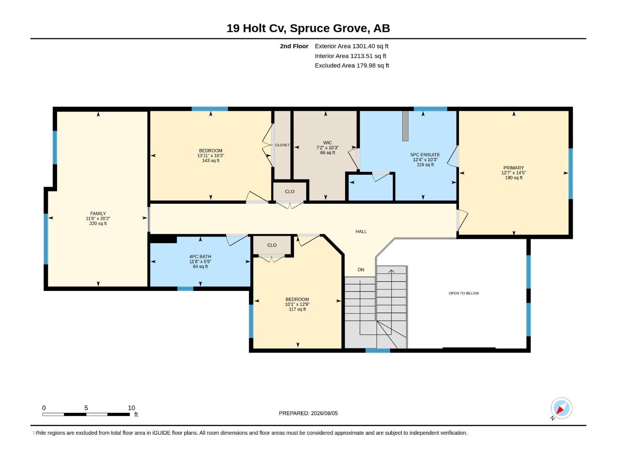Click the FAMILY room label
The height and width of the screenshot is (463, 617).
[x=98, y=214]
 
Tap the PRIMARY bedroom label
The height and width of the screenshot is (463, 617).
[x=514, y=168]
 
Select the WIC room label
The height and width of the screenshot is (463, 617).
[x=327, y=143]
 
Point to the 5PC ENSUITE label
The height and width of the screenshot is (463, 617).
[x=425, y=155]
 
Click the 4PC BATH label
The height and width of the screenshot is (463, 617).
[x=200, y=257]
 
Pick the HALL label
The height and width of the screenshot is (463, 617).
[x=361, y=231]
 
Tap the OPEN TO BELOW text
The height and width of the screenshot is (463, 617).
[x=464, y=293]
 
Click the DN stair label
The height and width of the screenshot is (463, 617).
[x=361, y=270]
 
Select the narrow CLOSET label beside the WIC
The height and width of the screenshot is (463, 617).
[x=282, y=145]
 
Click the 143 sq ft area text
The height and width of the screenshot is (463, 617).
[x=211, y=161]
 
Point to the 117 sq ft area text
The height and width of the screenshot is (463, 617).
[x=297, y=309]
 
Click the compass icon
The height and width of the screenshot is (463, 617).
[x=561, y=408]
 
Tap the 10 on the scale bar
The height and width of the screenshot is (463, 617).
[x=131, y=408]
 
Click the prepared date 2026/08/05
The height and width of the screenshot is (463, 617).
[x=324, y=413]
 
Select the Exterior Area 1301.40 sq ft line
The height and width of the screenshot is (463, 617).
[x=351, y=46]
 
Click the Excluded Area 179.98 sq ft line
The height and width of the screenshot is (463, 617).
[x=352, y=66]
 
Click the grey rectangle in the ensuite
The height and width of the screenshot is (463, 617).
[x=405, y=126]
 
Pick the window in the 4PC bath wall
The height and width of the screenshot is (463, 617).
[x=185, y=289]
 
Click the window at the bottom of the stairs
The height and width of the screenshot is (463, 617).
[x=378, y=351]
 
